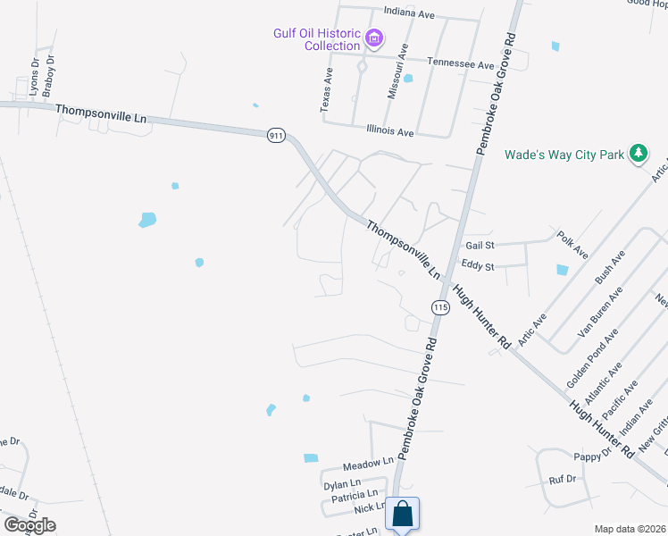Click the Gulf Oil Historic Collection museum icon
[x=374, y=38]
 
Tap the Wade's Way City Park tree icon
[x=638, y=154]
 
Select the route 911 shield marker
[x=276, y=135]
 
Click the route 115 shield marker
[x=439, y=306]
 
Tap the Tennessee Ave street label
[x=460, y=64]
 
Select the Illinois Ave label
[x=390, y=130]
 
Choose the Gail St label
[x=480, y=245]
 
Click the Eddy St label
[x=479, y=264]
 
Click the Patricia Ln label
[x=355, y=495]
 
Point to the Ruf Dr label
[x=563, y=479]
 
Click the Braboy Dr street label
[x=50, y=76]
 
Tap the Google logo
[x=29, y=525]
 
